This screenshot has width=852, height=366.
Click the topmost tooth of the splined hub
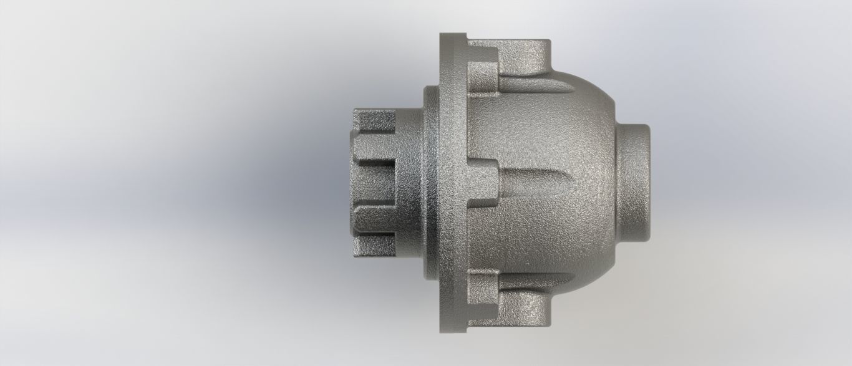(x=374, y=118)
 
